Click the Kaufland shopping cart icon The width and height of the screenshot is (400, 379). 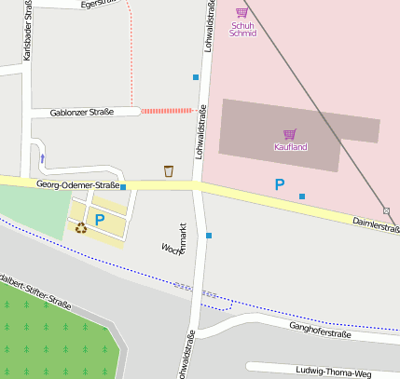tap(289, 134)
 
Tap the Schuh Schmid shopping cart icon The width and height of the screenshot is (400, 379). tap(242, 12)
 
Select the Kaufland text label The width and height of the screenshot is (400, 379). tap(290, 147)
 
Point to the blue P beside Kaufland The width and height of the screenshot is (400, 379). tap(279, 185)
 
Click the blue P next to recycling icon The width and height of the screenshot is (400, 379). tap(99, 221)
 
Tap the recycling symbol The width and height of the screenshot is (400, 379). tap(81, 227)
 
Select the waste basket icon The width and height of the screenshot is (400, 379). tap(169, 170)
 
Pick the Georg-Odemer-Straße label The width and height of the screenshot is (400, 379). tap(77, 185)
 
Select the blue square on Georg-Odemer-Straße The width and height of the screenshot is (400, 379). tap(123, 187)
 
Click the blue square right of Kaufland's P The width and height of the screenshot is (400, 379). tap(302, 196)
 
